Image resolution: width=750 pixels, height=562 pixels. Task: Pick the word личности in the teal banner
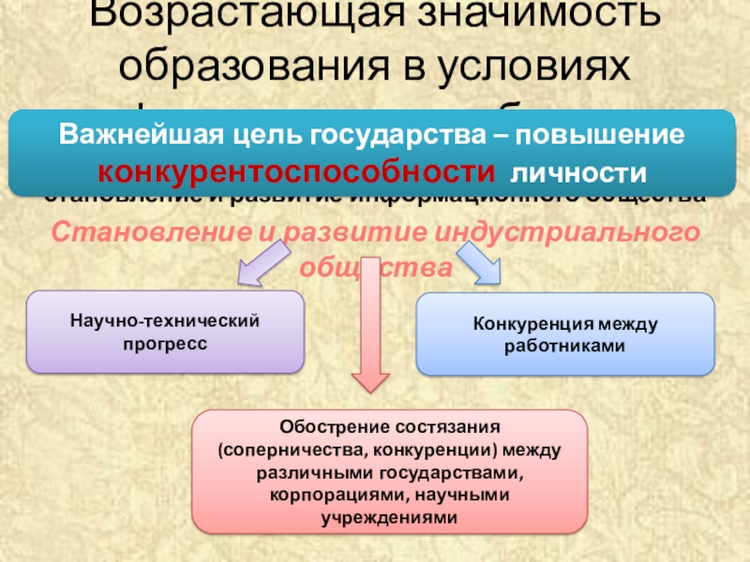point(577,173)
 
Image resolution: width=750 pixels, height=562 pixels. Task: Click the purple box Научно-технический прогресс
point(164,332)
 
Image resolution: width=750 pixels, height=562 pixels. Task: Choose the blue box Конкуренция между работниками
point(565,334)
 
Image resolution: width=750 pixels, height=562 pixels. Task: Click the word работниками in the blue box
point(565,346)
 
